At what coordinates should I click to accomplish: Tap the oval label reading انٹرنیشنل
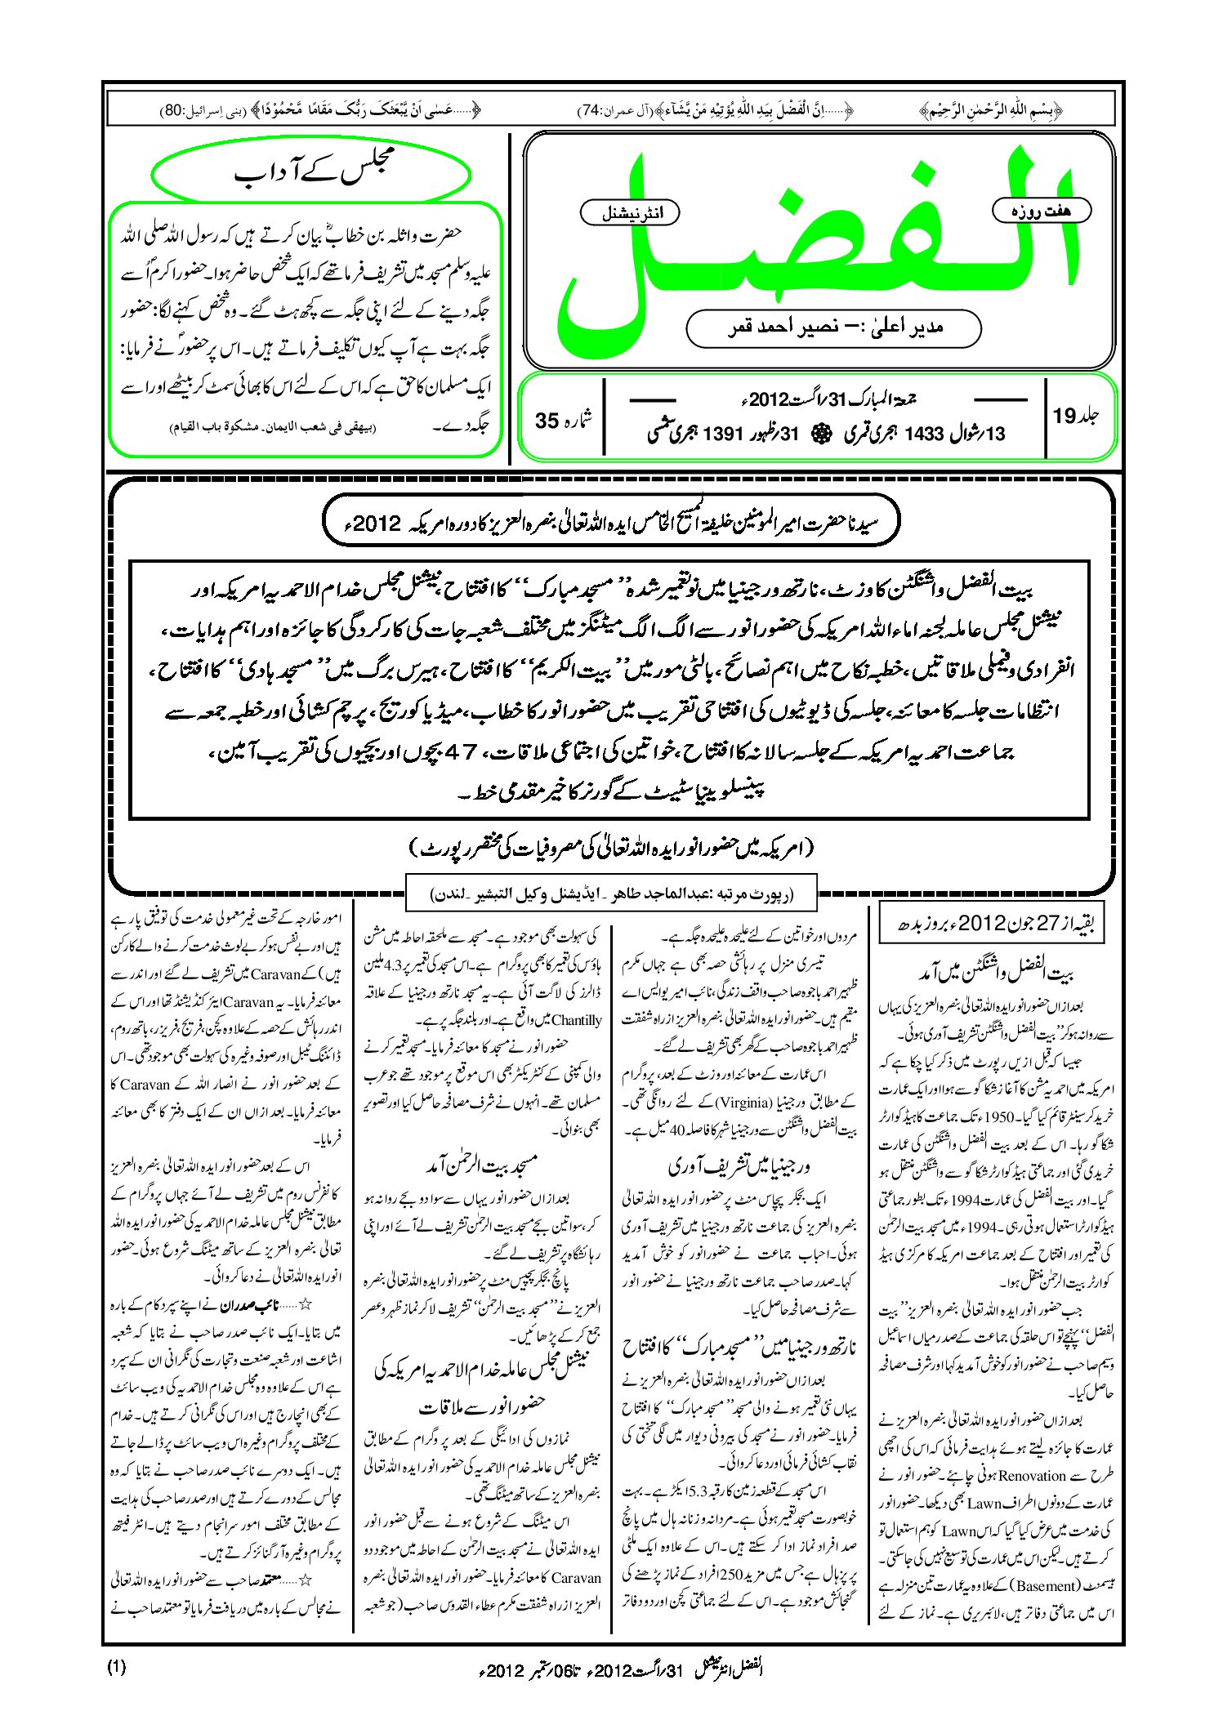[x=629, y=213]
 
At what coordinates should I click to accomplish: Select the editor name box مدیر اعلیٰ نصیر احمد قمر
[x=833, y=328]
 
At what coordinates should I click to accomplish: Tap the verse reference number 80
[x=174, y=110]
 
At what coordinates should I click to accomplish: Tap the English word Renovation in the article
[x=1032, y=1476]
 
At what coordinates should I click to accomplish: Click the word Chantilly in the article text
[x=576, y=1020]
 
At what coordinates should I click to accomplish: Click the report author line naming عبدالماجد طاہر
[x=611, y=893]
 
